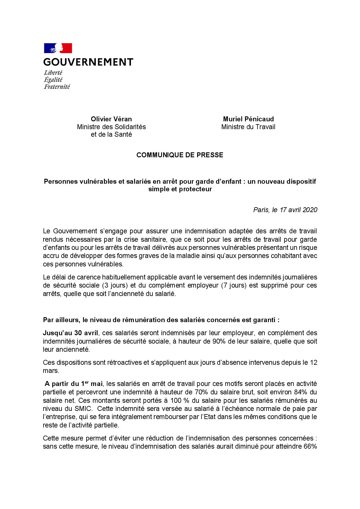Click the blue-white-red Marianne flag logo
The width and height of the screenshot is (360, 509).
[58, 48]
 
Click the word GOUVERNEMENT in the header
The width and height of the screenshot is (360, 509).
[88, 62]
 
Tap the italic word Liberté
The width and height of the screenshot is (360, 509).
[53, 73]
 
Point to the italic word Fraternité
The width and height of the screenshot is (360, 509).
[57, 86]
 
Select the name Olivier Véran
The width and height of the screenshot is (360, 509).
[111, 119]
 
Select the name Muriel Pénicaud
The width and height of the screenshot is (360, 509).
[248, 119]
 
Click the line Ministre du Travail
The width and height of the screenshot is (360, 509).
[248, 127]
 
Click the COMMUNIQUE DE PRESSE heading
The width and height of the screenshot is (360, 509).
[180, 155]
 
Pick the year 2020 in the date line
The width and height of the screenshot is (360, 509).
[310, 210]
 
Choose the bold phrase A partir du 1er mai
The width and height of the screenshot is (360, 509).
[74, 384]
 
